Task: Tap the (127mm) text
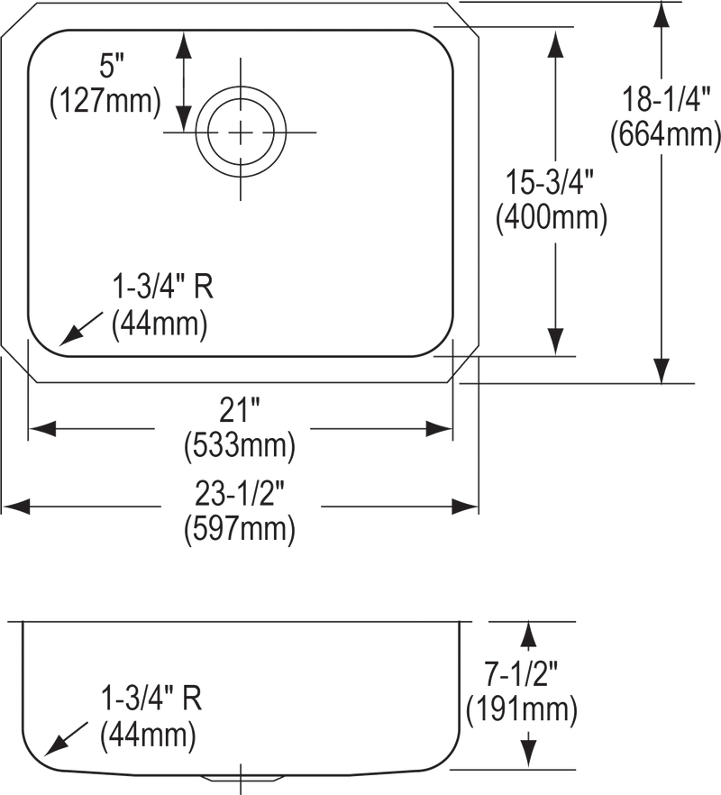pyautogui.click(x=105, y=101)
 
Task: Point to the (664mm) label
pyautogui.click(x=665, y=134)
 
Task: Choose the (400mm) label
pyautogui.click(x=552, y=217)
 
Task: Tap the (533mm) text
pyautogui.click(x=240, y=445)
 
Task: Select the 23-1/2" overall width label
pyautogui.click(x=240, y=494)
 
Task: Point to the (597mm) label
pyautogui.click(x=240, y=529)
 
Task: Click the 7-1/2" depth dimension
pyautogui.click(x=521, y=674)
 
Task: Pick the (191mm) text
pyautogui.click(x=521, y=708)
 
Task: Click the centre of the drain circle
pyautogui.click(x=241, y=132)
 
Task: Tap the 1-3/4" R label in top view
pyautogui.click(x=163, y=287)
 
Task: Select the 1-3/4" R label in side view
pyautogui.click(x=151, y=699)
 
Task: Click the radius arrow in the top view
pyautogui.click(x=80, y=329)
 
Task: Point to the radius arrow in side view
pyautogui.click(x=67, y=739)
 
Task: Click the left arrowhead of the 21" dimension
pyautogui.click(x=42, y=429)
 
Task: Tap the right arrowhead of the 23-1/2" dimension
pyautogui.click(x=465, y=506)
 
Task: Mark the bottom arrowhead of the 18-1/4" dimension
pyautogui.click(x=662, y=370)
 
